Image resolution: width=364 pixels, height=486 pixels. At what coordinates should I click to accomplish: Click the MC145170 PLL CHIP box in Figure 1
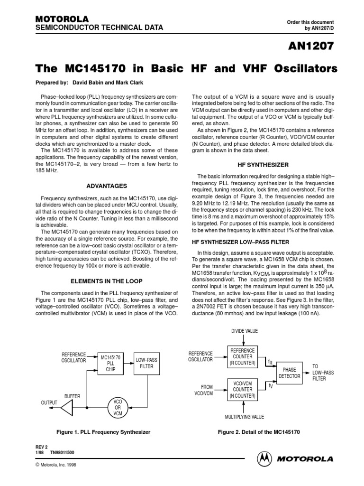110,363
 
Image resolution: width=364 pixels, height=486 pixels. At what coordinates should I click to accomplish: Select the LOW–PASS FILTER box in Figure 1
146,364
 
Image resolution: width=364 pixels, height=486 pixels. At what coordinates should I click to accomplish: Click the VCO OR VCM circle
118,407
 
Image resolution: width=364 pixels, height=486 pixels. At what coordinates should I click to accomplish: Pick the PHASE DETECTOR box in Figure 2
289,373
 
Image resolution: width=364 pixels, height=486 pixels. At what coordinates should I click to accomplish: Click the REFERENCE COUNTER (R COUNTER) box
242,356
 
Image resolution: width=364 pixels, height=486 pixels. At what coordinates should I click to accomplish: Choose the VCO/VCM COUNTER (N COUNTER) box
242,389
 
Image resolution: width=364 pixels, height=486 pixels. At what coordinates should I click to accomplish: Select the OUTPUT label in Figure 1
49,402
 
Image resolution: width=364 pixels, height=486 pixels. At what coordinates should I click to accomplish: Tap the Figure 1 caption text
103,432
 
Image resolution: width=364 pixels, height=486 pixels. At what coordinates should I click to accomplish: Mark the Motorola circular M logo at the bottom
264,459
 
